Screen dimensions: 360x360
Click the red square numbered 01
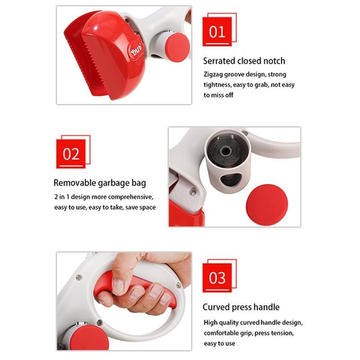pos(217,31)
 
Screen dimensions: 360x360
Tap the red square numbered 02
pos(71,154)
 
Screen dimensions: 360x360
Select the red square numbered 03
pos(217,278)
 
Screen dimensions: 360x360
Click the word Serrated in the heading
pos(219,61)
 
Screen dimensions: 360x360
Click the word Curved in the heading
pos(216,307)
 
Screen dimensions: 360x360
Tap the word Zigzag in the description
pos(213,75)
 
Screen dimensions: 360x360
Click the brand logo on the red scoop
pos(136,51)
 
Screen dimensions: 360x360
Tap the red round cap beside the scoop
pos(177,47)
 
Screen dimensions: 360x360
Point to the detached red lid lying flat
pos(267,205)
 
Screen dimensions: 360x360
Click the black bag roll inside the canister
pos(225,152)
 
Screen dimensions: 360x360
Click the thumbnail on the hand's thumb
pos(118,286)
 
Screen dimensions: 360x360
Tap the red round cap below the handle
pos(89,339)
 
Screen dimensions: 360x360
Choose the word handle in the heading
pos(268,307)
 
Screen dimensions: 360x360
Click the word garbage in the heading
pos(113,184)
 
